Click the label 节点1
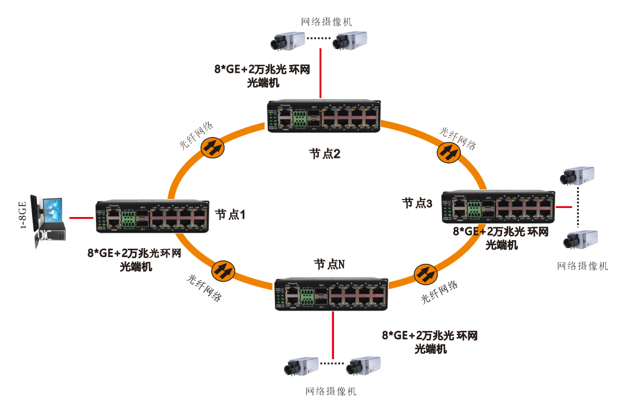(x=230, y=215)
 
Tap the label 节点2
(x=324, y=153)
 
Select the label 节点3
(x=417, y=203)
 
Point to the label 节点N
(x=329, y=264)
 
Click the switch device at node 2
(x=323, y=117)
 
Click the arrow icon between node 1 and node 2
(x=213, y=148)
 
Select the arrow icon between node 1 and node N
(x=224, y=270)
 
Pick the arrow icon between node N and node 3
(x=425, y=275)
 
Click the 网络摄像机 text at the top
(x=327, y=21)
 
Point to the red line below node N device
(x=333, y=335)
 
